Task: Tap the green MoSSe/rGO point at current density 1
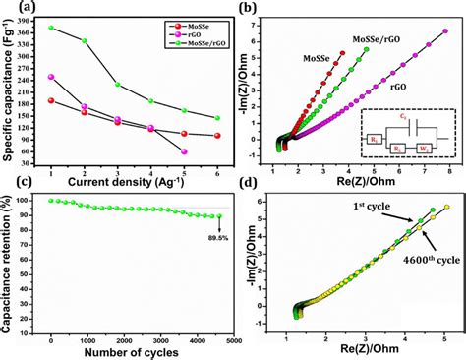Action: coord(50,28)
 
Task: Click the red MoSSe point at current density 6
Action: coord(217,136)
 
